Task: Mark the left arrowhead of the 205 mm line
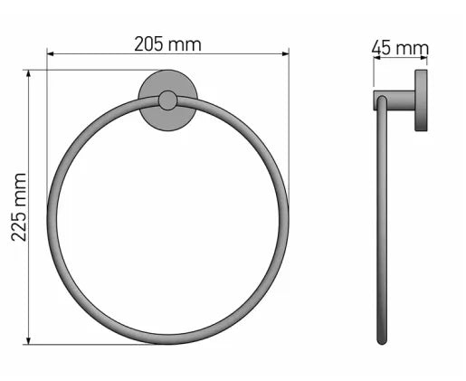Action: point(51,54)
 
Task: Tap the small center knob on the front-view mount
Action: point(167,100)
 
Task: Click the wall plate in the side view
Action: point(421,100)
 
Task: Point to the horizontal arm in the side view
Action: point(395,100)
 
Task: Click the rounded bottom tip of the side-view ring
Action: point(382,341)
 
